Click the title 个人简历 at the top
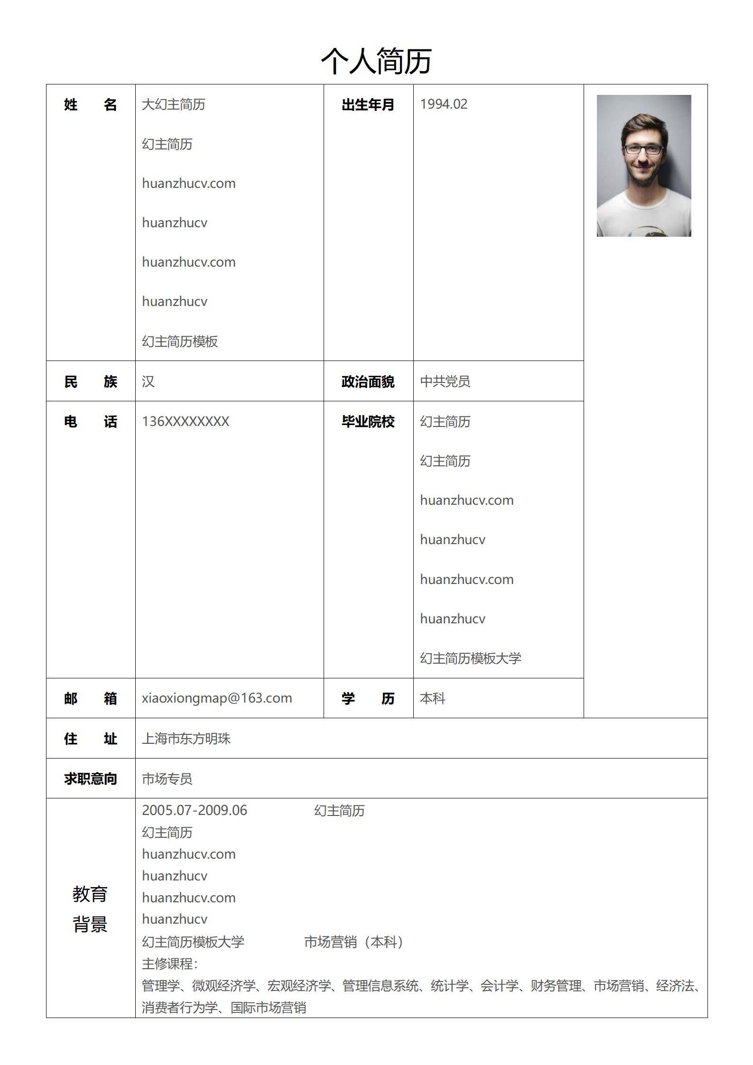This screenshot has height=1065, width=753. (376, 61)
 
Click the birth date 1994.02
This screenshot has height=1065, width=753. (443, 104)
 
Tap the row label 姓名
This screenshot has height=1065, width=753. (90, 105)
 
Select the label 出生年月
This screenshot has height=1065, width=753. (368, 105)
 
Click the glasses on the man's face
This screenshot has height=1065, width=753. (643, 149)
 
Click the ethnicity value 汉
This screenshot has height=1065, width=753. (148, 381)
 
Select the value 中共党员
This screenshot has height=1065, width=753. (445, 381)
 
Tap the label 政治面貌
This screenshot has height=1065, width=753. (368, 381)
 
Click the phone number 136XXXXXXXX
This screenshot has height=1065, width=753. (185, 421)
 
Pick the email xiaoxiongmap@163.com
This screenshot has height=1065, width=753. (217, 698)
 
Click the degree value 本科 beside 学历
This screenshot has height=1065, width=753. (432, 698)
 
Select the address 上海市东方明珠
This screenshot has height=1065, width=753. (186, 739)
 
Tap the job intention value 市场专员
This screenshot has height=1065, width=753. (167, 778)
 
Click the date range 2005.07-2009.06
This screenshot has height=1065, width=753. (195, 810)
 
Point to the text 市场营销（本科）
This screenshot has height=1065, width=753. (353, 942)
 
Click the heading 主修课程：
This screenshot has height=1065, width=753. (170, 963)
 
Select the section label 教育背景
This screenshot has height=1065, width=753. (90, 909)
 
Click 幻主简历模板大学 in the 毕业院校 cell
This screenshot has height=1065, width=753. (470, 658)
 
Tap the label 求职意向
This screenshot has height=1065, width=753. (90, 778)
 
